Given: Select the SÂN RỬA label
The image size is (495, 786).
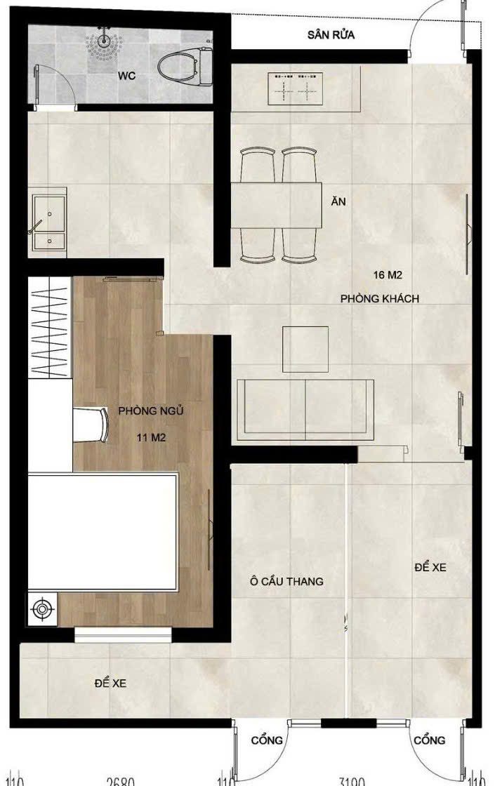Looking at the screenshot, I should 331,35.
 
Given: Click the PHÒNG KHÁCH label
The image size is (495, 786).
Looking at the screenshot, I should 380,299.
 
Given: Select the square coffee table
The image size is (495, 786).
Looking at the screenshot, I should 305,349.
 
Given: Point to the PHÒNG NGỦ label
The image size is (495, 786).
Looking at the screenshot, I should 151,411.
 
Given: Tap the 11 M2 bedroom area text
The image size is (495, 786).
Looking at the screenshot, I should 151,437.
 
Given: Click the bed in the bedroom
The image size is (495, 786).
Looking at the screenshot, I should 103,533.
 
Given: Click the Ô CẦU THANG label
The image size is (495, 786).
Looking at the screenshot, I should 286,581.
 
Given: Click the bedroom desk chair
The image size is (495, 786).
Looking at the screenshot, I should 92,424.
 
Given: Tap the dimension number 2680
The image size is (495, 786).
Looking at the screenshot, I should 120,780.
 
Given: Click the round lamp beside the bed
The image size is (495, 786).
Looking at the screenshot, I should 43,608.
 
